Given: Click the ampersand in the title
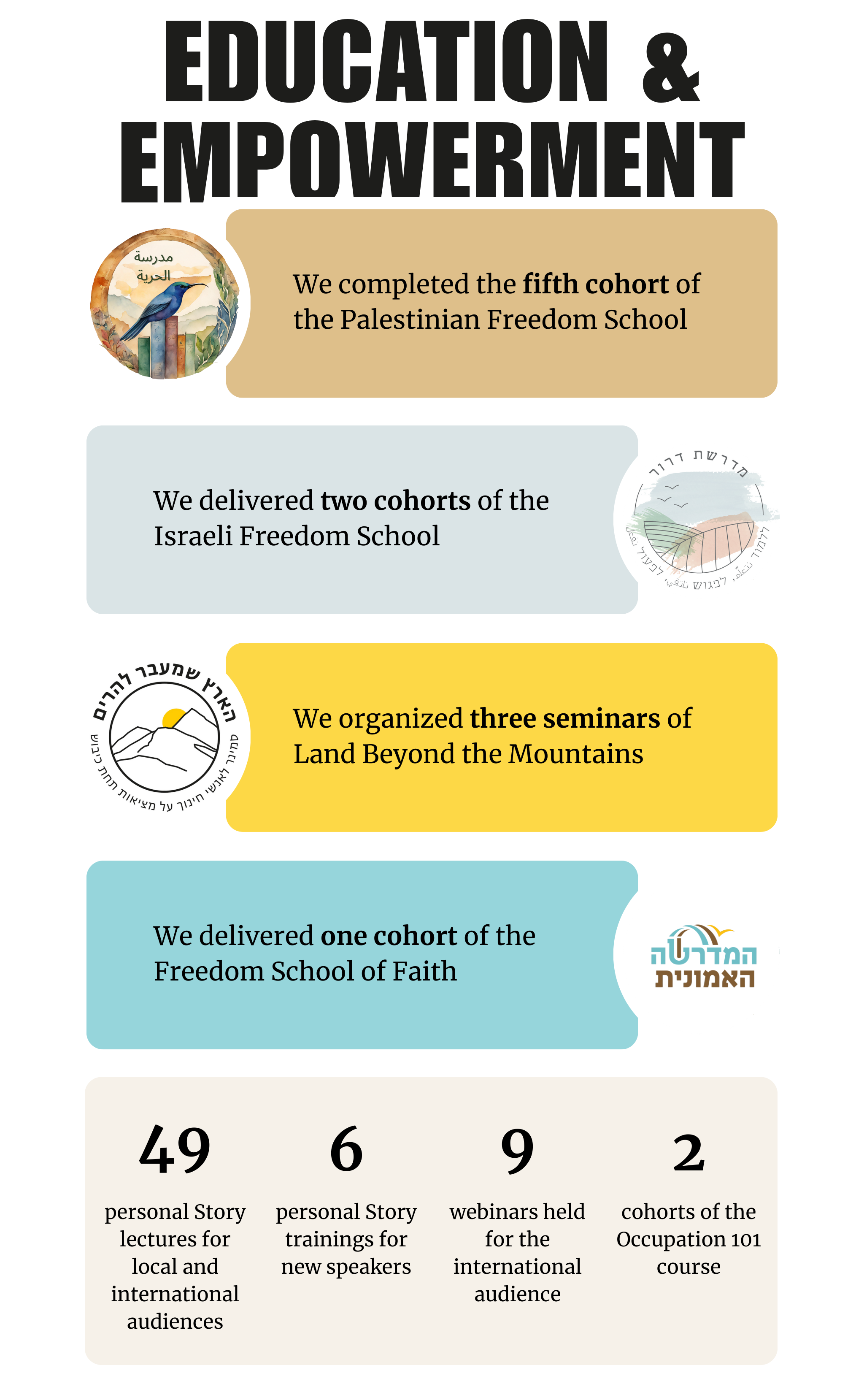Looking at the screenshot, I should tap(670, 68).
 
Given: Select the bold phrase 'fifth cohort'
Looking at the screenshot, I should tap(595, 284).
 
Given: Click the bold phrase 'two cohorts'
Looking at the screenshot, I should tap(395, 501).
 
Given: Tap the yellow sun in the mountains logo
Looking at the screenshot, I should tap(173, 718).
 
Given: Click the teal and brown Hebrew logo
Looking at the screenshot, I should tap(703, 956).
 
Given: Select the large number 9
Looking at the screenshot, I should tap(517, 1150).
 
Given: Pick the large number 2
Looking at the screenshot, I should tap(688, 1152).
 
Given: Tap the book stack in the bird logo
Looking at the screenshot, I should tap(167, 349).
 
